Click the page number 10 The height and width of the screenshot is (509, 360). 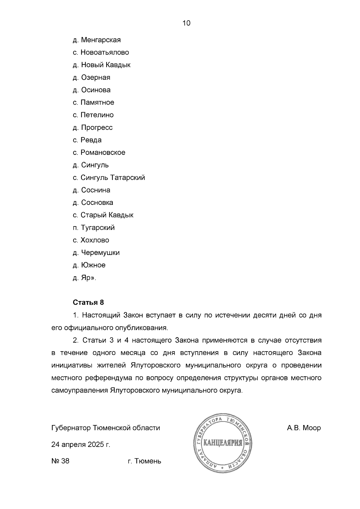pos(186,23)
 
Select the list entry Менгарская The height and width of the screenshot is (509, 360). pos(101,40)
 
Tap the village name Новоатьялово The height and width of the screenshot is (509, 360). pos(105,52)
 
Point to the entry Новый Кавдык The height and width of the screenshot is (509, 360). pos(106,65)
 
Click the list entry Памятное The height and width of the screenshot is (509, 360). pos(97,103)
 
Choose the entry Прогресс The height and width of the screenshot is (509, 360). pos(97,127)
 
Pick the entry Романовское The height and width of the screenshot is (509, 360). pos(103,152)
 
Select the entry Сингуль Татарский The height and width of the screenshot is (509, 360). pos(112,178)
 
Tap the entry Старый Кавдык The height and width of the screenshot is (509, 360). pos(107,215)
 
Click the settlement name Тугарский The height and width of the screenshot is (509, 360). pos(97,228)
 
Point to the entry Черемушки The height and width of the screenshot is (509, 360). pos(100,253)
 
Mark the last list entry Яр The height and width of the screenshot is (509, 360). pos(86,278)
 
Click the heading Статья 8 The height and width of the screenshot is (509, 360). pos(88,302)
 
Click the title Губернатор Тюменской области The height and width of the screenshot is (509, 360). pos(106,428)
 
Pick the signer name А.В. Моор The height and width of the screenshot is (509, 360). pos(304,428)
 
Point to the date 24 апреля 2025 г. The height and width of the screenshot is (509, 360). pos(81,445)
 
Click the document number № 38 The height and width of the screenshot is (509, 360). pos(61,461)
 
